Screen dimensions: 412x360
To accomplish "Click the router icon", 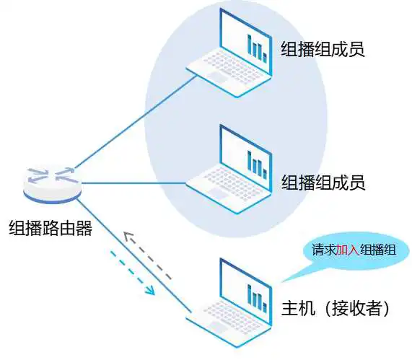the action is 52,185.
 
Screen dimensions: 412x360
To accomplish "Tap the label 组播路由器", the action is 51,229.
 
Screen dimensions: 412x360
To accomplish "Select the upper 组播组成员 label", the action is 323,49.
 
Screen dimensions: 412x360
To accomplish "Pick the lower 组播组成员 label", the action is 323,183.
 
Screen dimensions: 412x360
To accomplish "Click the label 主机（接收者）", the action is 335,308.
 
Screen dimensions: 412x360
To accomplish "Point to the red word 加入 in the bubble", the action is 348,250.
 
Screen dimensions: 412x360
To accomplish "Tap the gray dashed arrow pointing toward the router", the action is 147,256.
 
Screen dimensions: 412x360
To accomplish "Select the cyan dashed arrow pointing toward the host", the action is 132,272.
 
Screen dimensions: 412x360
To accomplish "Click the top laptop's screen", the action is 245,42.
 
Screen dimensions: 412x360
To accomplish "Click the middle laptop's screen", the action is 245,157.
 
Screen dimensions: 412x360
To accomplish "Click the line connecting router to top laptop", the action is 136,122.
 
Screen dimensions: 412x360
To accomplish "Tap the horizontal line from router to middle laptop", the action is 134,183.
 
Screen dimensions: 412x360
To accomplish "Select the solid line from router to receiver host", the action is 134,255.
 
